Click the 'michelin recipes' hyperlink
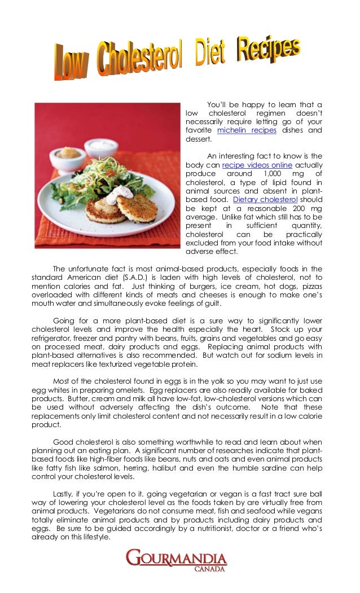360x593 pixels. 247,130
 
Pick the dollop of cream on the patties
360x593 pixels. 120,195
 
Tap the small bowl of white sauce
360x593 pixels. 101,147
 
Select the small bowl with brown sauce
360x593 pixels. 67,156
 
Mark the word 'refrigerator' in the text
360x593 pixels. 54,338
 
